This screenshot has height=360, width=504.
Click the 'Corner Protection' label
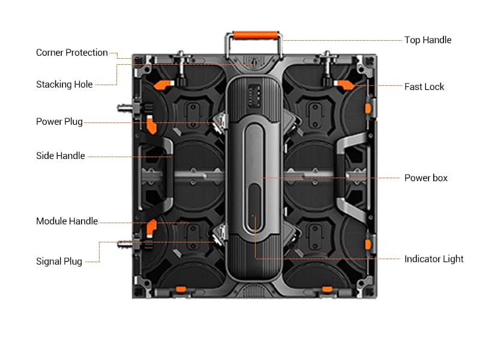click(71, 53)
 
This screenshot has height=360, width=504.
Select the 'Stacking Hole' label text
click(64, 85)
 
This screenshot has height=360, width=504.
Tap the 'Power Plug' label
click(59, 122)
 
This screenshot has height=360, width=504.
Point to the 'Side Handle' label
click(60, 156)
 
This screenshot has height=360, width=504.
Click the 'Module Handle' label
click(67, 221)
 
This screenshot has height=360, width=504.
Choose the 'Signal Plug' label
click(59, 261)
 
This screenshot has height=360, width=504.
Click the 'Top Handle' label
click(427, 40)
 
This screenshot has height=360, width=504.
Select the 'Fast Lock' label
click(424, 86)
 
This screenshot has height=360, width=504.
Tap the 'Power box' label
click(425, 178)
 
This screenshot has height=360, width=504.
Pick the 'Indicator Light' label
click(433, 259)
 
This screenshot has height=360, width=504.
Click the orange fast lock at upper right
click(347, 85)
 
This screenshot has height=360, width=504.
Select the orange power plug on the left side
click(151, 125)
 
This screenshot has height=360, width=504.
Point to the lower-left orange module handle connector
click(151, 227)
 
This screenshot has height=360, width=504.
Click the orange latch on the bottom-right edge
click(327, 290)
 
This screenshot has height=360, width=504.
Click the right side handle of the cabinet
click(344, 174)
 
